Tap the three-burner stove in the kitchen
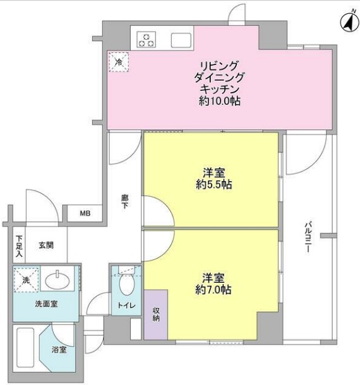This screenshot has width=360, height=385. pyautogui.click(x=147, y=39)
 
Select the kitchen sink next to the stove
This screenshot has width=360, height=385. pyautogui.click(x=181, y=39)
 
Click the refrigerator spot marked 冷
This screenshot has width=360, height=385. pyautogui.click(x=118, y=61)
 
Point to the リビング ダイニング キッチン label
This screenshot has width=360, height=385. pyautogui.click(x=219, y=78)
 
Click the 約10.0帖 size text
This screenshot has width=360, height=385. pyautogui.click(x=219, y=101)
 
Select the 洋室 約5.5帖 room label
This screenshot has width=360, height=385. pyautogui.click(x=211, y=179)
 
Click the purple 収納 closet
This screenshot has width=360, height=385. pyautogui.click(x=156, y=314)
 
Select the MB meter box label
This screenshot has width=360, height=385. pyautogui.click(x=85, y=213)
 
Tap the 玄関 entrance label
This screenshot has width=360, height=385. pyautogui.click(x=45, y=245)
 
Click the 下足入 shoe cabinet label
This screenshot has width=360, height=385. pyautogui.click(x=19, y=246)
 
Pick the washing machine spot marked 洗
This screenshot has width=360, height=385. pyautogui.click(x=27, y=278)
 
